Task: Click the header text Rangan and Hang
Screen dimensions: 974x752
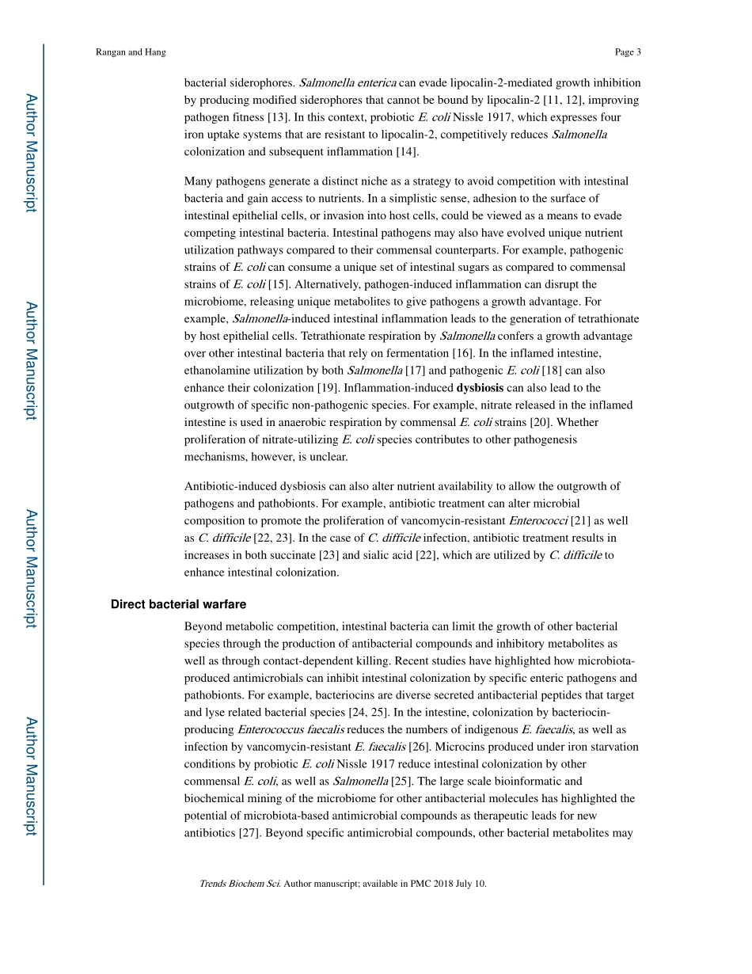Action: point(131,52)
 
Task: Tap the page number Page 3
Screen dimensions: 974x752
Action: point(627,52)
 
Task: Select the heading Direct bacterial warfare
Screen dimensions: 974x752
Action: point(178,604)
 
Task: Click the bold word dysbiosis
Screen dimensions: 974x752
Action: point(480,387)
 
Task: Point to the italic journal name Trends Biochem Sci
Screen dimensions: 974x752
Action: point(239,884)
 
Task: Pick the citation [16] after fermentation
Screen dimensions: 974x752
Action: point(464,352)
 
